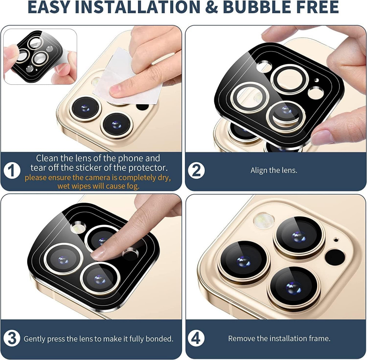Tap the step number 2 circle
click(196, 170)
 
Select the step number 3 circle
click(12, 338)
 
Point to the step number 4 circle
click(196, 338)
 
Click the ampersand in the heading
click(211, 7)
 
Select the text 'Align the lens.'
click(274, 170)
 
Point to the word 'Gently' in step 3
click(34, 339)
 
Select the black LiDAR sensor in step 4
click(335, 257)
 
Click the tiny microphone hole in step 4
click(336, 240)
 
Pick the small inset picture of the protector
click(40, 56)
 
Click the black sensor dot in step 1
click(142, 107)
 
